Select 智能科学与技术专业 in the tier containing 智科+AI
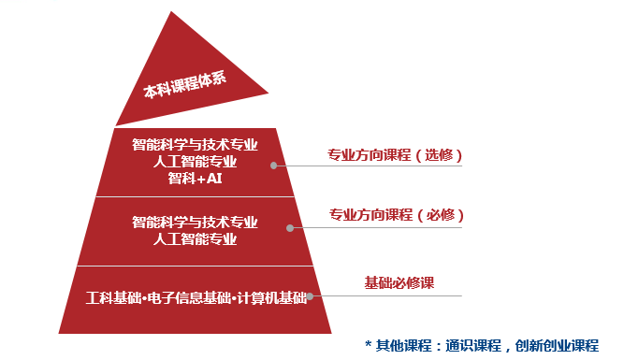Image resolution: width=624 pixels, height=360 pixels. pyautogui.click(x=195, y=145)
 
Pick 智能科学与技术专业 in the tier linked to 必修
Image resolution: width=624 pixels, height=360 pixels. pyautogui.click(x=195, y=223)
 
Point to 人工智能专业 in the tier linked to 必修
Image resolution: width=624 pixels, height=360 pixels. pyautogui.click(x=195, y=239)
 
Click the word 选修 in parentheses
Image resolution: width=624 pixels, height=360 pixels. pyautogui.click(x=438, y=154)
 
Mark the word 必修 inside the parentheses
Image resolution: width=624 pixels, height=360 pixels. pyautogui.click(x=440, y=215)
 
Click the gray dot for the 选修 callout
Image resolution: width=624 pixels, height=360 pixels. pyautogui.click(x=274, y=166)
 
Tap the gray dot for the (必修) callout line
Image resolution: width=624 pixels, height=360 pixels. pyautogui.click(x=290, y=227)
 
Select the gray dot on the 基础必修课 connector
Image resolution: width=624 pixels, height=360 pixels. pyautogui.click(x=310, y=296)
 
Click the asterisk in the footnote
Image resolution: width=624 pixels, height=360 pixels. pyautogui.click(x=369, y=344)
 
